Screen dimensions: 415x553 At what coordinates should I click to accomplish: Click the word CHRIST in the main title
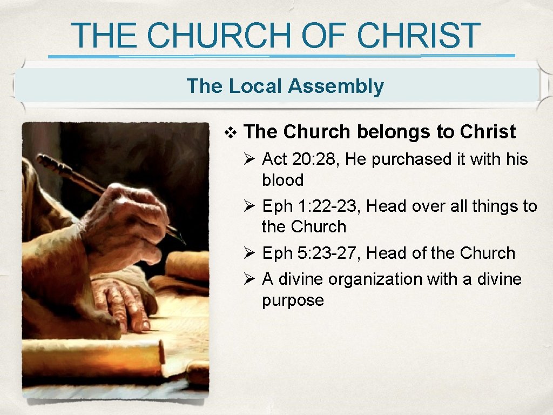[419, 36]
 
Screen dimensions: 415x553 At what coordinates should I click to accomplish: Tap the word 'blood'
[282, 180]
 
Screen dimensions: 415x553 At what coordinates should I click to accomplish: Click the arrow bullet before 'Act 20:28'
[249, 159]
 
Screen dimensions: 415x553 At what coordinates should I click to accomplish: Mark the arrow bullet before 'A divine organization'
[249, 279]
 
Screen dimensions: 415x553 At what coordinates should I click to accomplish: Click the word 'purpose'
[293, 300]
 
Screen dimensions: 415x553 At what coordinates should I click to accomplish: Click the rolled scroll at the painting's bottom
[92, 357]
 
